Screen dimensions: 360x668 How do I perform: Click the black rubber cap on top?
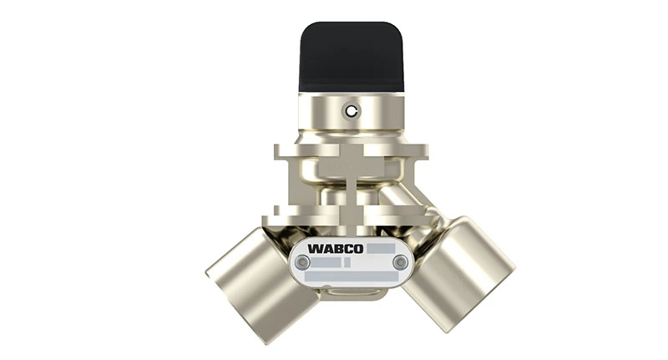click(x=352, y=56)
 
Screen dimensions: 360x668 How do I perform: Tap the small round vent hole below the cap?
click(x=352, y=111)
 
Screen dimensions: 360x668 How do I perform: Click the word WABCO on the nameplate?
click(x=335, y=248)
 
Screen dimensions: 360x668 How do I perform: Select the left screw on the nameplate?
click(x=303, y=263)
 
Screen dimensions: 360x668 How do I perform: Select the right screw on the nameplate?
click(x=400, y=263)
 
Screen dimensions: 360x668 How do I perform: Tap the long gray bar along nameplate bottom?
click(x=352, y=277)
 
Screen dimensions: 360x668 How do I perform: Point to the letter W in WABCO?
click(x=313, y=248)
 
